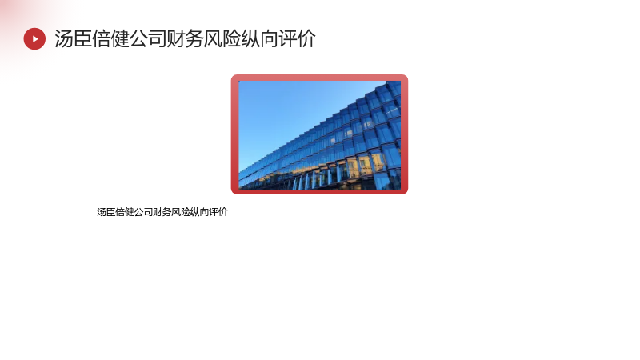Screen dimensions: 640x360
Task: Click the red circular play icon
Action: pos(34,38)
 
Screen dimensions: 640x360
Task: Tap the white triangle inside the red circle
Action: pos(35,38)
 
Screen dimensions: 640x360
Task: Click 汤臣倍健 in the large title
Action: pos(92,38)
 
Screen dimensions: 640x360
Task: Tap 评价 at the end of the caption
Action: pos(218,212)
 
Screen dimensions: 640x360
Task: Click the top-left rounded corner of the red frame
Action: pos(234,77)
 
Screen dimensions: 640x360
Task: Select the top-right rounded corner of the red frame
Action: pos(406,77)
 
